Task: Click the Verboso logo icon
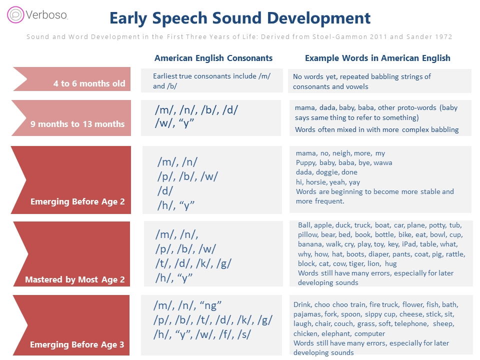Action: coord(15,14)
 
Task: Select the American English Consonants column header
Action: coord(213,58)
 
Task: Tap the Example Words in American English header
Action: coord(377,58)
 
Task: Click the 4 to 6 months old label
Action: coord(89,83)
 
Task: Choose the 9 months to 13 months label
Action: coord(77,124)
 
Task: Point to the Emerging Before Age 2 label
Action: coord(77,201)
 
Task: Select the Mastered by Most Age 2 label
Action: coord(74,279)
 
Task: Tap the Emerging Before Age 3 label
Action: coord(77,344)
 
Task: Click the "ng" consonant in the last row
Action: coord(210,305)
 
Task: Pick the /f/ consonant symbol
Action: coord(225,334)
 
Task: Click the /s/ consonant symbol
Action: coord(244,334)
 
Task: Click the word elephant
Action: coord(335,333)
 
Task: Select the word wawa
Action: coord(383,163)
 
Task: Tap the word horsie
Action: coord(316,182)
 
